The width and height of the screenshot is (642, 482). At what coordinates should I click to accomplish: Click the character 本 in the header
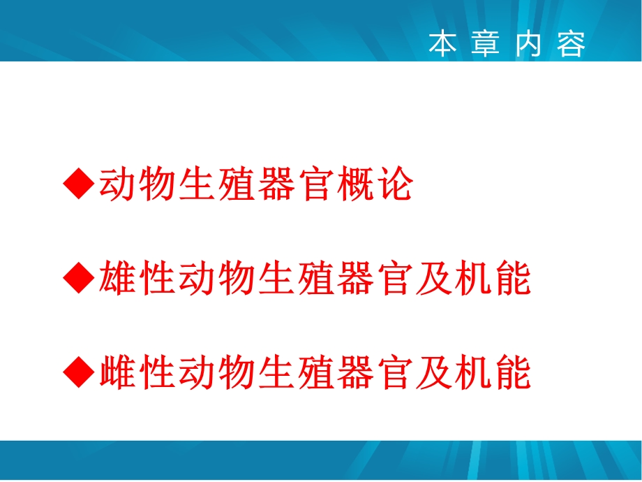pyautogui.click(x=442, y=44)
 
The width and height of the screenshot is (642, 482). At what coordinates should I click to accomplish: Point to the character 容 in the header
pyautogui.click(x=572, y=44)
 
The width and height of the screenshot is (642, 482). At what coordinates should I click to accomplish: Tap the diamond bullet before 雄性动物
pyautogui.click(x=78, y=279)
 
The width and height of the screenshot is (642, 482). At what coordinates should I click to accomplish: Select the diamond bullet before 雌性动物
pyautogui.click(x=78, y=372)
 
